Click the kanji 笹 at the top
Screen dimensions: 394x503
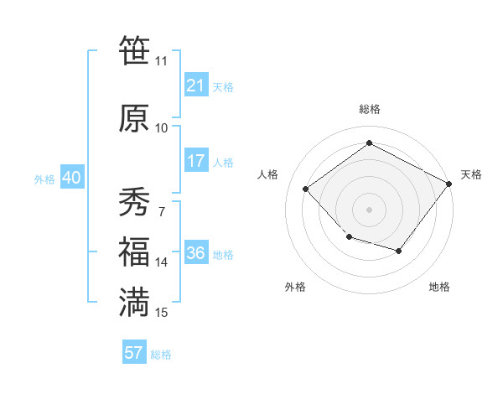134,51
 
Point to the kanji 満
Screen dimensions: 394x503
134,303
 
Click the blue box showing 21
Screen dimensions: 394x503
196,86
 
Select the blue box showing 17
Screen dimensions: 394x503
196,161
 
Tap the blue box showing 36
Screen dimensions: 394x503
196,254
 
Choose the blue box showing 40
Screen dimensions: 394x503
71,178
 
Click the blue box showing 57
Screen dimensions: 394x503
134,353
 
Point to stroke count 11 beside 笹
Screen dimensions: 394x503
161,61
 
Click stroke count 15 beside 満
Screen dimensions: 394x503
162,313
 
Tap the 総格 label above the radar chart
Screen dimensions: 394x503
369,109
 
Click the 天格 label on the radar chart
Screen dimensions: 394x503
471,174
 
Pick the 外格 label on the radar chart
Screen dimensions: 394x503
295,287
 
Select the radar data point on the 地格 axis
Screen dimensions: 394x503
399,251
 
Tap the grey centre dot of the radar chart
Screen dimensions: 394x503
369,209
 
